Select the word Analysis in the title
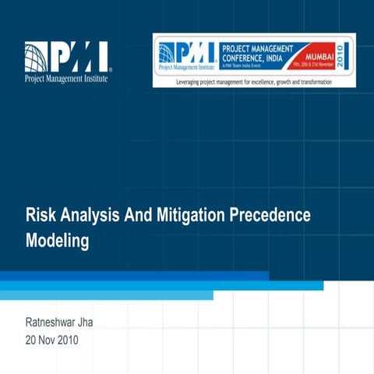pyautogui.click(x=90, y=215)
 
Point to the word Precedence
pyautogui.click(x=272, y=215)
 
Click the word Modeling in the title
pyautogui.click(x=58, y=241)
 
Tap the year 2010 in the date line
pyautogui.click(x=66, y=340)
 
